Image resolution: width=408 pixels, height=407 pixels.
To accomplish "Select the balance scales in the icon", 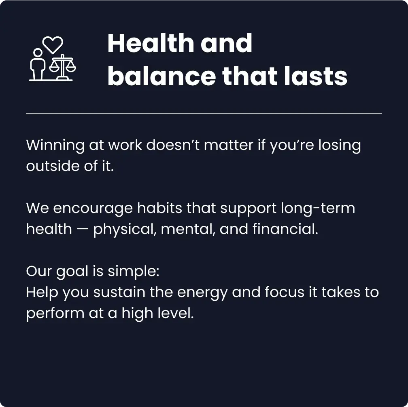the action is [x=62, y=66].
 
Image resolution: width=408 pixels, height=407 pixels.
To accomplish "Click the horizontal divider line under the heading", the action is [x=204, y=113].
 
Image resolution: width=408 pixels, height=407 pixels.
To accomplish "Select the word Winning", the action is [x=55, y=146].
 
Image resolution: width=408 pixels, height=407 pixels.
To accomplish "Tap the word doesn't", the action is [x=173, y=145].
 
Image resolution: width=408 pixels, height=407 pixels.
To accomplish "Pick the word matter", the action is [x=228, y=145].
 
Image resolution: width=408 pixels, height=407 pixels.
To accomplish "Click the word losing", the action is [x=340, y=146].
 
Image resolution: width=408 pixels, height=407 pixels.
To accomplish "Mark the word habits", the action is [x=159, y=208].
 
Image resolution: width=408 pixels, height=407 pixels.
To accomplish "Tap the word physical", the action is [x=125, y=230].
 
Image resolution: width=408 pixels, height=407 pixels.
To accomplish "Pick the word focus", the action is [x=285, y=292].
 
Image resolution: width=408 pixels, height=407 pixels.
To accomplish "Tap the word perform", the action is [x=55, y=314].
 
